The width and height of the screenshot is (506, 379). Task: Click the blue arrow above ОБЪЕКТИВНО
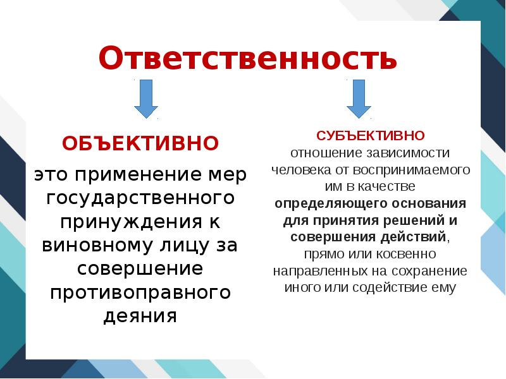(x=146, y=99)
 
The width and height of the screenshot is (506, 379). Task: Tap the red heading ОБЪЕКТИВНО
(x=140, y=143)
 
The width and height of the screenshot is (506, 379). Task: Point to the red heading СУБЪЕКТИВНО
(x=370, y=136)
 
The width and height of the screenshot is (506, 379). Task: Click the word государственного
(x=140, y=198)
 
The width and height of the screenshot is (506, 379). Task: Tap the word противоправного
(x=140, y=292)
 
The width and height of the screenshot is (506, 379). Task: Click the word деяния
(x=140, y=316)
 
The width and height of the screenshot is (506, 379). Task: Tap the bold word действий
(x=415, y=238)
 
